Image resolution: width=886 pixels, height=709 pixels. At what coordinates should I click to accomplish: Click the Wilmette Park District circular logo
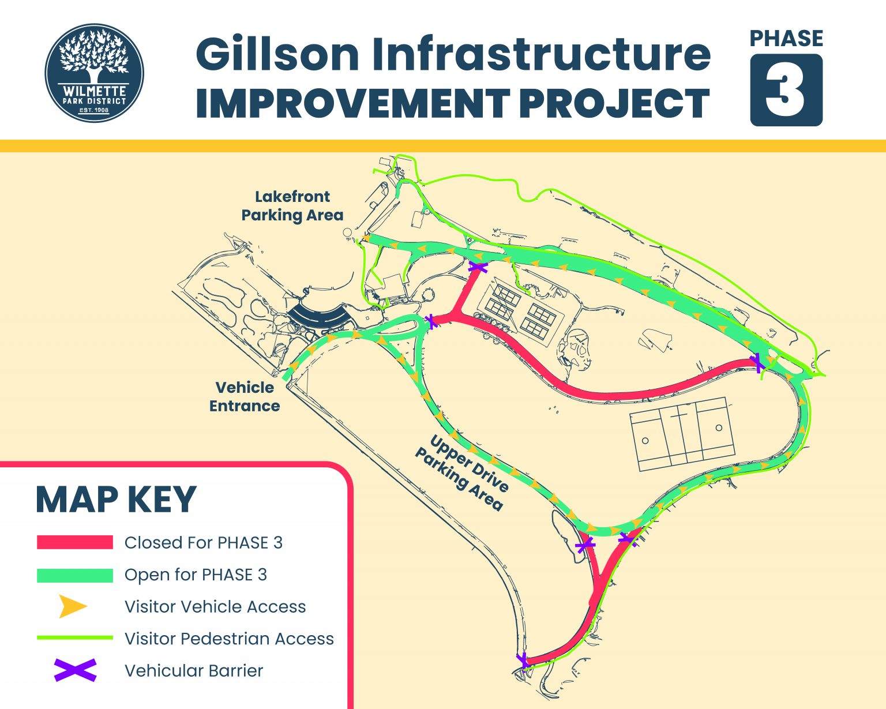coord(94,73)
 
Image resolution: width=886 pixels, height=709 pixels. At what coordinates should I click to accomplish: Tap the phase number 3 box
coord(786,90)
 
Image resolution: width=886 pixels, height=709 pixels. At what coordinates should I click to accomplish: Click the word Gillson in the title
coord(277,55)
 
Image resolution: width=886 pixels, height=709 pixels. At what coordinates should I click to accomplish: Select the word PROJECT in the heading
coord(614,104)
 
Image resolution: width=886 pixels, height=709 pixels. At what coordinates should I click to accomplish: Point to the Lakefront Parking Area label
coord(292,206)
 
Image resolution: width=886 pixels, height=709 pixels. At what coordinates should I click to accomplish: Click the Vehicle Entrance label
coord(245,397)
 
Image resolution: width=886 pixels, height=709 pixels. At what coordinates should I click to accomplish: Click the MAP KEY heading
coord(116,500)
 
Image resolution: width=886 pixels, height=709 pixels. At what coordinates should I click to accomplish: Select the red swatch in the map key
coord(75,542)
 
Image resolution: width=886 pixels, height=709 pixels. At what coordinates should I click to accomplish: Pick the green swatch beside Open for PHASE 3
coord(75,575)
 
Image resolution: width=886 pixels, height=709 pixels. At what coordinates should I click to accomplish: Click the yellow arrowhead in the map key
coord(73,607)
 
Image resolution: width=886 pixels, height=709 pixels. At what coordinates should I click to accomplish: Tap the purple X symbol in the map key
coord(75,670)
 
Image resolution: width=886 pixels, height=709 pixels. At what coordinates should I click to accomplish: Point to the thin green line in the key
coord(75,638)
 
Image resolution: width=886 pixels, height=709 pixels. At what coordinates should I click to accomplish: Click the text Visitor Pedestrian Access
coord(229,639)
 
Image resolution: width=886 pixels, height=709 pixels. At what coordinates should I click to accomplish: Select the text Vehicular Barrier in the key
coord(194,671)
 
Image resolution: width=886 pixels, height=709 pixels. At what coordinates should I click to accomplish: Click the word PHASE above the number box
coord(786,39)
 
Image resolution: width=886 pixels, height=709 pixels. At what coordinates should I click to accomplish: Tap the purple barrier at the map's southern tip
coord(524,661)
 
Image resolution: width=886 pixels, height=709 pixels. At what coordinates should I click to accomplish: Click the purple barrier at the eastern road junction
coord(757,363)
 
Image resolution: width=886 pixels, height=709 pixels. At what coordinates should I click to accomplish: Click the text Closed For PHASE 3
coord(204,543)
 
